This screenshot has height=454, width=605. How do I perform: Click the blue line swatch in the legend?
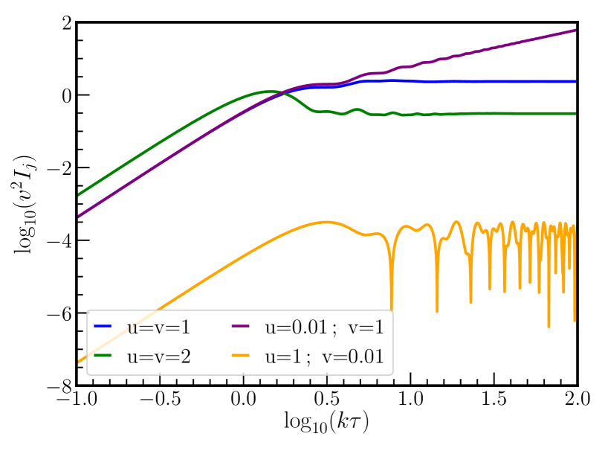tap(103, 327)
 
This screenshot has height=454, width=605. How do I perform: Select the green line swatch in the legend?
tap(103, 357)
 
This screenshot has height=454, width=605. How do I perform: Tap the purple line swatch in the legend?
tap(241, 327)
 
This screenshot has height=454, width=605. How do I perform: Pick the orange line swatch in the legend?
tap(241, 357)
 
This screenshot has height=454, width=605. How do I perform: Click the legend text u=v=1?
tap(159, 327)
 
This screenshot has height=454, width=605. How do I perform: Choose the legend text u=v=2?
tap(159, 357)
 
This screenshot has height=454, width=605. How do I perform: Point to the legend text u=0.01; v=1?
tap(324, 327)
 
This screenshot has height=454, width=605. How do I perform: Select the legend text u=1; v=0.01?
tap(324, 357)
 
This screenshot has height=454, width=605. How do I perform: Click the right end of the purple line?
tap(575, 30)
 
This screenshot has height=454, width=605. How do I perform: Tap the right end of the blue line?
tap(575, 81)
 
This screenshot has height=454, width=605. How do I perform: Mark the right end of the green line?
tap(575, 113)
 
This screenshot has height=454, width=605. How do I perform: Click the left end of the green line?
tap(79, 195)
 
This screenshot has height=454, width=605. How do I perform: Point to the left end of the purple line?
tap(79, 217)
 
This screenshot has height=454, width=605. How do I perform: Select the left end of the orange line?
tap(79, 362)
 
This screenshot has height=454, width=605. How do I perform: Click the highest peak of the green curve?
tap(268, 92)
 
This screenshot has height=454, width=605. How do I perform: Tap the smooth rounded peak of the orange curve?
tap(326, 222)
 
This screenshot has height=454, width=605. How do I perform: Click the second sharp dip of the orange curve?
tap(436, 311)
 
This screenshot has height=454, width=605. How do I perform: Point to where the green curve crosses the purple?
tap(280, 92)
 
